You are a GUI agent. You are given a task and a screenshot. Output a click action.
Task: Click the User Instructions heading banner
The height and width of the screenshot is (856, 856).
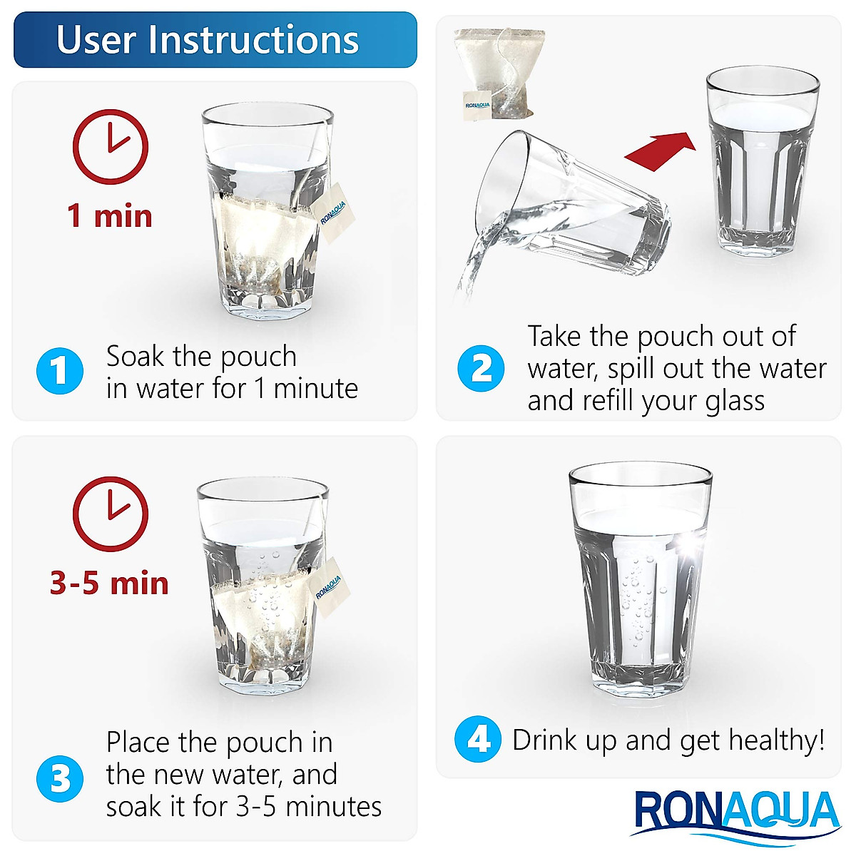point(214,40)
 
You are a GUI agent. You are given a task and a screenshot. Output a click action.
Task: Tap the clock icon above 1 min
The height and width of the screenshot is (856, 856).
point(111,146)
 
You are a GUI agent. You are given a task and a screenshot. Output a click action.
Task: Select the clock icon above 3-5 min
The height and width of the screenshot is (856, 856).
point(111,514)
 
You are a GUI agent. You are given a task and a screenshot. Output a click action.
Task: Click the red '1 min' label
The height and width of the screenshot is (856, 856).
point(110,216)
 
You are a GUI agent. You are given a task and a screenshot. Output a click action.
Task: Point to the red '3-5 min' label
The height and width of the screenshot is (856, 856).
point(109,584)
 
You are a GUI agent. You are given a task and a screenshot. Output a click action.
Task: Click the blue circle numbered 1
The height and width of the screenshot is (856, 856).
point(60,371)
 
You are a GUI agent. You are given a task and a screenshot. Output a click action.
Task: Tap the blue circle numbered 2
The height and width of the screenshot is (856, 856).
point(481,369)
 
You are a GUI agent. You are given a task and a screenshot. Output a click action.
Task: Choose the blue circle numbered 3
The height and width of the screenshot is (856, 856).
point(60,778)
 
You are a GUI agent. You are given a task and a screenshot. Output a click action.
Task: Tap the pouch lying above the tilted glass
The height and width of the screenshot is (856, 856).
point(500,73)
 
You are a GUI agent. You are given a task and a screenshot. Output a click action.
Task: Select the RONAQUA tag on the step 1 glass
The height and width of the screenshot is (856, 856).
point(332,212)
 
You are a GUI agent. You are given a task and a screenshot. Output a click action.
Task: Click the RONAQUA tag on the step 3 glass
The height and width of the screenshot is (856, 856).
point(328,586)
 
